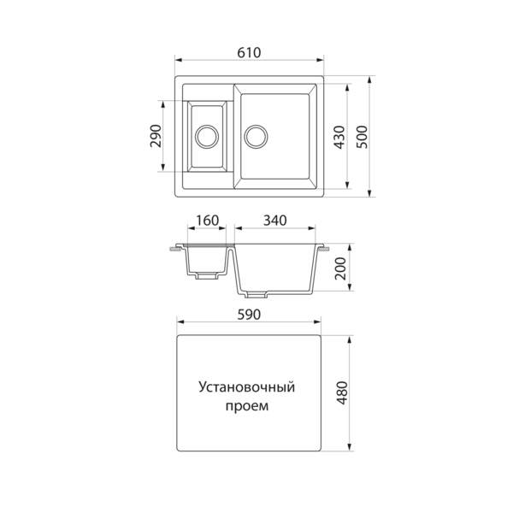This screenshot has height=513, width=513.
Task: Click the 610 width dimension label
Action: (249, 53)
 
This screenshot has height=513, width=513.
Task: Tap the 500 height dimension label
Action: (363, 137)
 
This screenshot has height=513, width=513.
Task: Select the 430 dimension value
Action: (340, 137)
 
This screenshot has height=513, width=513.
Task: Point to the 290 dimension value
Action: (156, 136)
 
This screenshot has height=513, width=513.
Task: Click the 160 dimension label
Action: (207, 221)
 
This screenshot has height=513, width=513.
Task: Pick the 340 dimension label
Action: (275, 221)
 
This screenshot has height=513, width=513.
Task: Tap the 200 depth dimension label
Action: (340, 268)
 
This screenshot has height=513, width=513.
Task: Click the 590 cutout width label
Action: (249, 315)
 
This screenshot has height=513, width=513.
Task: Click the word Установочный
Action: (247, 387)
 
